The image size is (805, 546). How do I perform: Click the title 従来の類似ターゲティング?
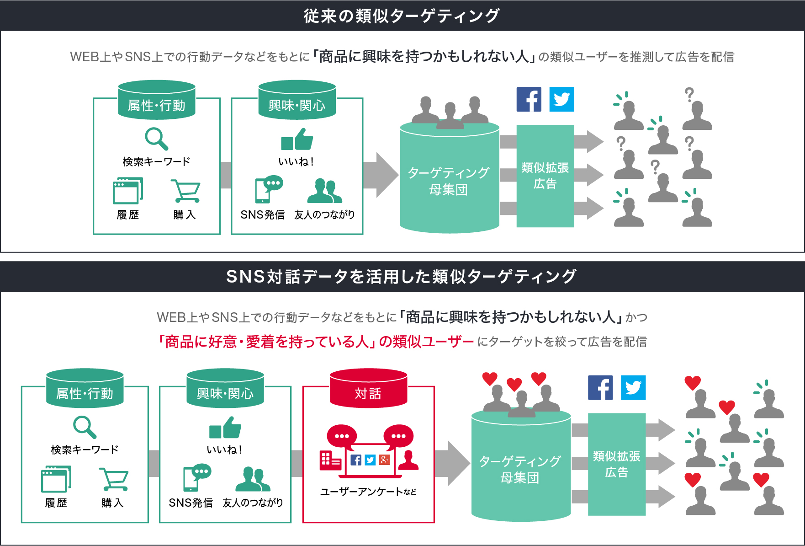[x=402, y=16]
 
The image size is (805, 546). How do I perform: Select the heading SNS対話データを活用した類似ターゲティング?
[x=402, y=277]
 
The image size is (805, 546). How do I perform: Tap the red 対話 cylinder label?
[x=368, y=393]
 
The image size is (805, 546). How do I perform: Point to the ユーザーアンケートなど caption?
[x=368, y=492]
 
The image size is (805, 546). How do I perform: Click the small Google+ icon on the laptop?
[x=384, y=460]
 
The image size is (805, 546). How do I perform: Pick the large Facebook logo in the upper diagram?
[x=529, y=99]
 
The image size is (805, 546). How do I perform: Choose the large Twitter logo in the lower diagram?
[x=633, y=388]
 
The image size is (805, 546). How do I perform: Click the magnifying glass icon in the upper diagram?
[x=156, y=139]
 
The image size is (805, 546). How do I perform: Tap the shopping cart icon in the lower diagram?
[x=113, y=479]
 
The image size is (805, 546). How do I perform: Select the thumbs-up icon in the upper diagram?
[x=297, y=139]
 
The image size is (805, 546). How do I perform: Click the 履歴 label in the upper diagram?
[x=128, y=215]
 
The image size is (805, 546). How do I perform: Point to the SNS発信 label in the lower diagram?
[x=191, y=503]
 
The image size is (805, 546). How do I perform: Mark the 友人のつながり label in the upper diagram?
[x=324, y=215]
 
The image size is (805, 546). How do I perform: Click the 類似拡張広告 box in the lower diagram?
[x=616, y=464]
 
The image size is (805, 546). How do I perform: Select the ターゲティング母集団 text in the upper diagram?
[x=449, y=181]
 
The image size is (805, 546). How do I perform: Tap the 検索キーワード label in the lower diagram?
[x=85, y=450]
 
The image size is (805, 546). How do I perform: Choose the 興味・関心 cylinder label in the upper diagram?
[x=297, y=106]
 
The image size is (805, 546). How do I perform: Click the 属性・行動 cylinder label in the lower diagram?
[x=85, y=393]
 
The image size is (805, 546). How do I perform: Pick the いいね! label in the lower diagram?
[x=225, y=450]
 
